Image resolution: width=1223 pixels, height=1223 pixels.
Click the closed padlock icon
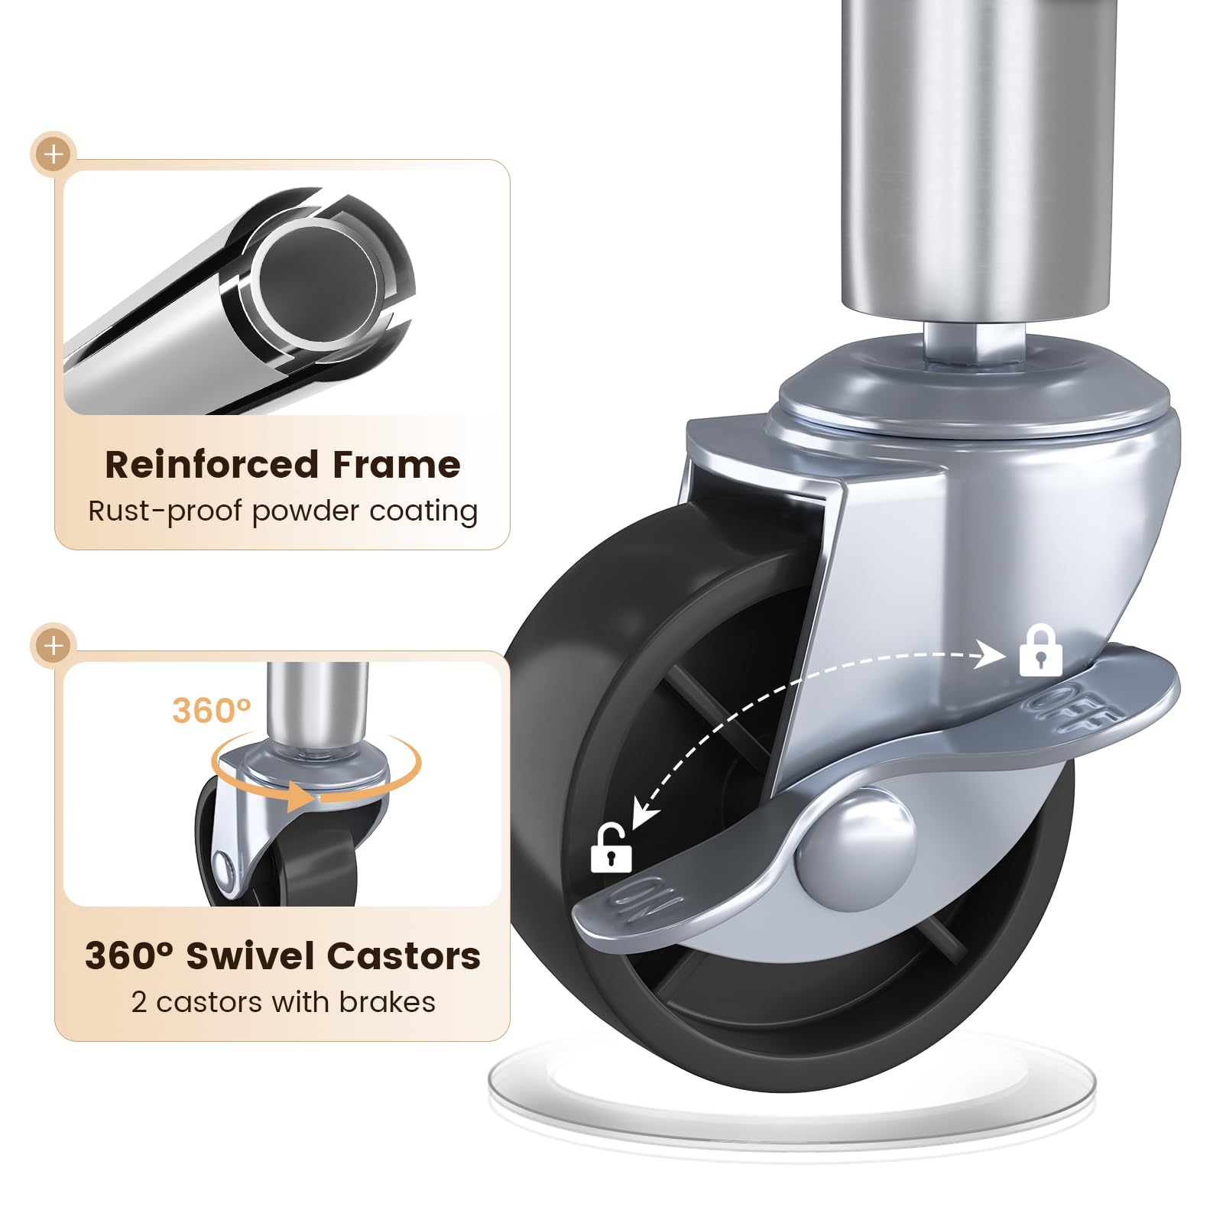(1040, 650)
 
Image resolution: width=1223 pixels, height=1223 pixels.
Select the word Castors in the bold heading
(404, 955)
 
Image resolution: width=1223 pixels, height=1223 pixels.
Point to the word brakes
(388, 1001)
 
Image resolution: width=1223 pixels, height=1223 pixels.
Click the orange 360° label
(212, 710)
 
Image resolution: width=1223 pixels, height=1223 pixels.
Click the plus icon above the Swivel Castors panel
(54, 646)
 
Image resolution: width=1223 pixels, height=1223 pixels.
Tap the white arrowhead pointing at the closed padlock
(991, 655)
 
